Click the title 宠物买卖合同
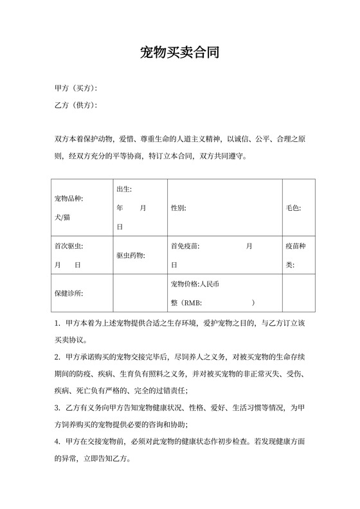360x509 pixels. click(x=180, y=53)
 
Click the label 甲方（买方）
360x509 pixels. click(x=76, y=88)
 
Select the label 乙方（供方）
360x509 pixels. click(x=76, y=105)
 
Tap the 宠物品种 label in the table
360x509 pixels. click(x=69, y=199)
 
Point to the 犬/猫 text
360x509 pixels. click(x=64, y=217)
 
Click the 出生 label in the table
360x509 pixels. click(x=124, y=189)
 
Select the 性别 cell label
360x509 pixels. click(x=179, y=208)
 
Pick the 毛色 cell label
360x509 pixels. click(x=293, y=208)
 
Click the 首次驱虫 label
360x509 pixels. click(x=69, y=246)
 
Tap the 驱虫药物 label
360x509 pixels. click(x=130, y=256)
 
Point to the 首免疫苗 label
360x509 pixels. click(x=185, y=246)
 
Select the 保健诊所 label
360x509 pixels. click(x=69, y=293)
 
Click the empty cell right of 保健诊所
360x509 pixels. click(x=140, y=293)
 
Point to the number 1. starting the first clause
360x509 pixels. click(x=57, y=323)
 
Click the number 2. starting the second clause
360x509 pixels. click(x=57, y=356)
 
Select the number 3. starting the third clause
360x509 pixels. click(x=57, y=407)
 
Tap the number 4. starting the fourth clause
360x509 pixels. click(x=57, y=442)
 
